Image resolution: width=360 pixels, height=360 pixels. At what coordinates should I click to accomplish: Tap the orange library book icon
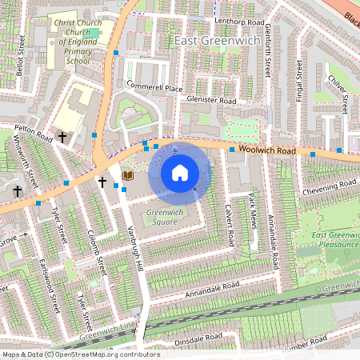[126, 174]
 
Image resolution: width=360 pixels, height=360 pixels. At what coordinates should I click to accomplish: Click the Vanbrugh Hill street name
[135, 261]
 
